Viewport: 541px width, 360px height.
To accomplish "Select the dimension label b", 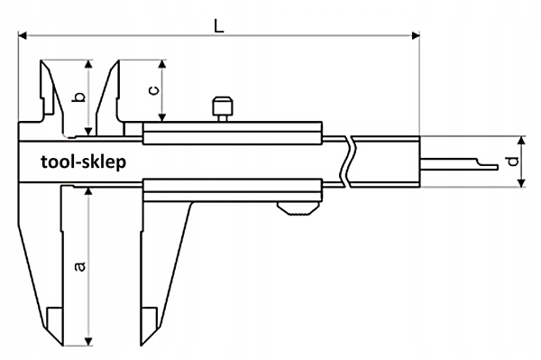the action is click(x=78, y=97).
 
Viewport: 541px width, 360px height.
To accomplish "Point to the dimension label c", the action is click(x=153, y=90).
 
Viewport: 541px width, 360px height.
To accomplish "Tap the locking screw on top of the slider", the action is click(x=222, y=107).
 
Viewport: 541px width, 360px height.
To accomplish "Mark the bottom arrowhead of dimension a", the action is click(x=87, y=342).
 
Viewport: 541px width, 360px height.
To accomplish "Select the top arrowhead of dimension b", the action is click(x=87, y=65).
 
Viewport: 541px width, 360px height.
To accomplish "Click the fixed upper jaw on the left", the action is click(x=44, y=90).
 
